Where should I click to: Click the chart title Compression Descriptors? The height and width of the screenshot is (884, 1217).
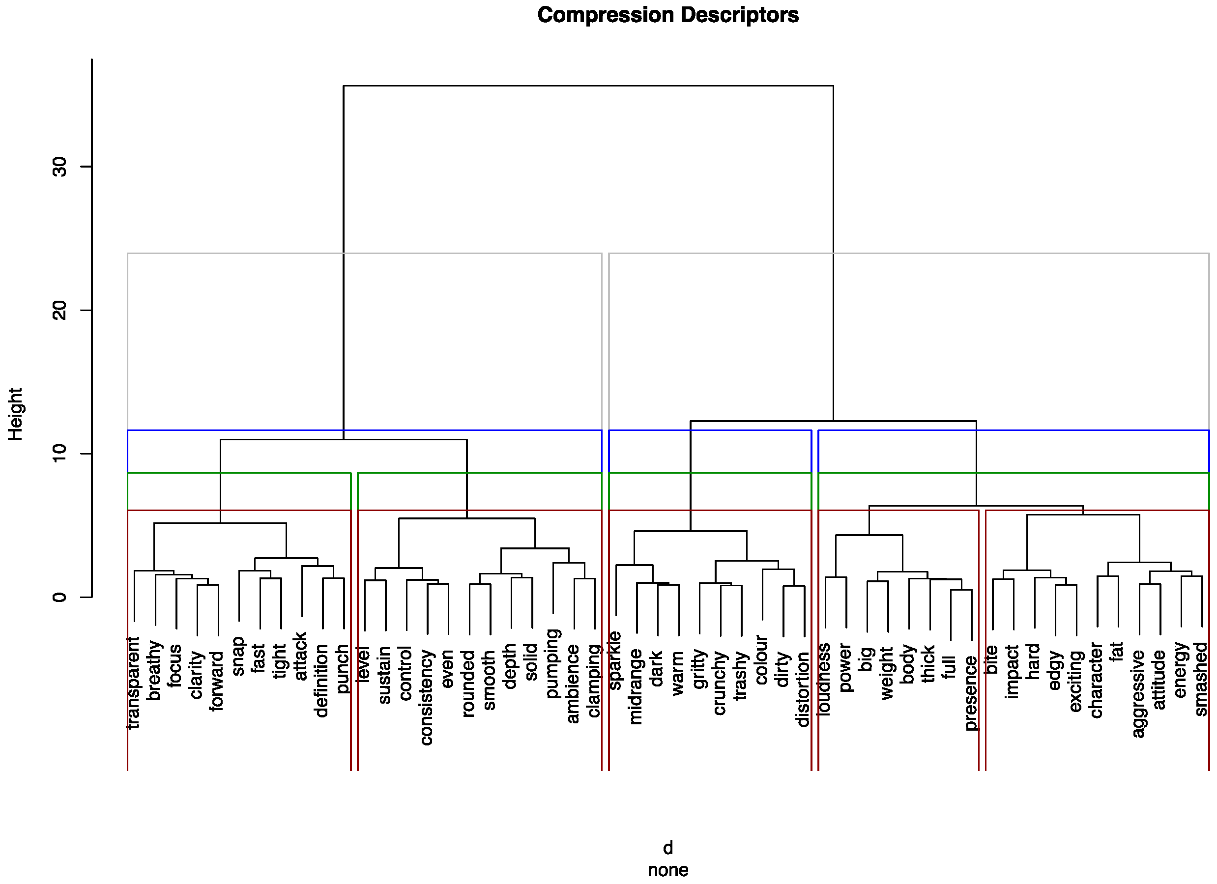667,15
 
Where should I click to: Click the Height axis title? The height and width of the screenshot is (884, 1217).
15,414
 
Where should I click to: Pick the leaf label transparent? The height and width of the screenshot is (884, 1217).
133,683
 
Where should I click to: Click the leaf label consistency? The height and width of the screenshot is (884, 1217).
427,697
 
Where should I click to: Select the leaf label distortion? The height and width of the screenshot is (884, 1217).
803,689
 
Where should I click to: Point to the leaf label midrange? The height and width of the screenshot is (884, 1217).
636,686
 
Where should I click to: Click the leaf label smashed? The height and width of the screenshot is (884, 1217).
1201,679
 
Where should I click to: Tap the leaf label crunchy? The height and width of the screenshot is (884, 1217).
720,683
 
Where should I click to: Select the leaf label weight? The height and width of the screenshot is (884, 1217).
887,673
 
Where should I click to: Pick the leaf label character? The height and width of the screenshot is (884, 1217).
1096,680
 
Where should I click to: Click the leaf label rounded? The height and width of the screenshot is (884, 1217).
469,684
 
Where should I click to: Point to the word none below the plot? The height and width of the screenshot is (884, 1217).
667,870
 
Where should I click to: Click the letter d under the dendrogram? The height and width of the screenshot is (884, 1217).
667,848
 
